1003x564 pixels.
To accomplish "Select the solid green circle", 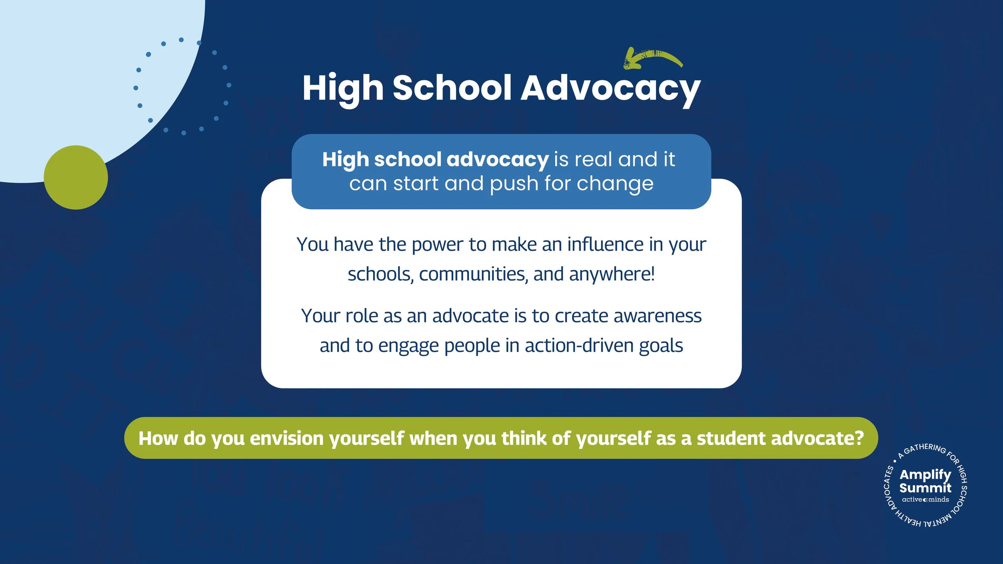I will (76, 177).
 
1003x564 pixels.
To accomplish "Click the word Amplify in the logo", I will (925, 475).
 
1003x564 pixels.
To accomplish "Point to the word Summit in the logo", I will (925, 488).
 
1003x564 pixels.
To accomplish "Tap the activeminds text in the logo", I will (925, 499).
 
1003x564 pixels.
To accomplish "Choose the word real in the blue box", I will (594, 160).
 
